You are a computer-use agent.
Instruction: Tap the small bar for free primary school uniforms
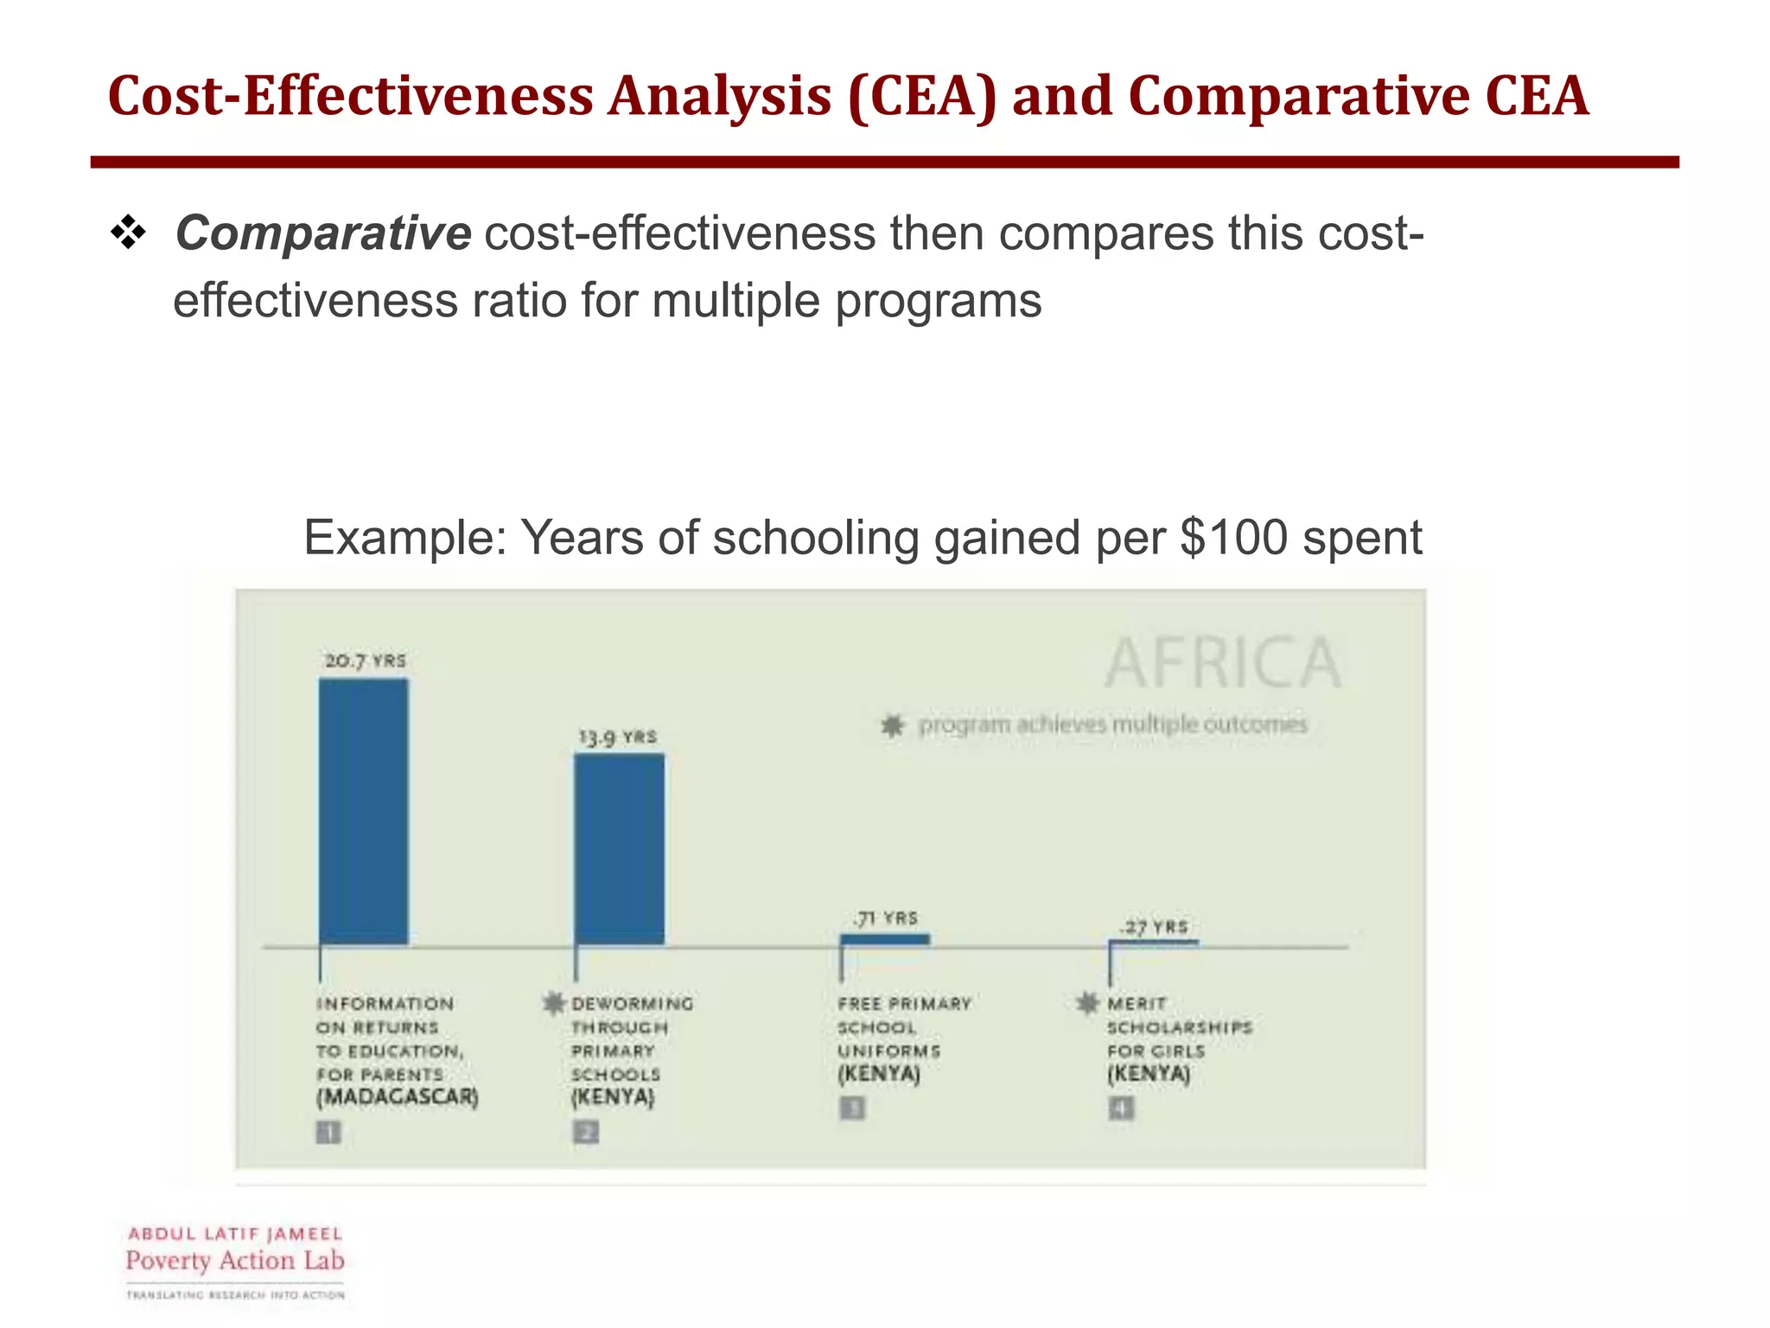[885, 939]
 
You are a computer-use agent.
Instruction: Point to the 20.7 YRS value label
[365, 661]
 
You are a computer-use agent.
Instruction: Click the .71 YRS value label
[885, 917]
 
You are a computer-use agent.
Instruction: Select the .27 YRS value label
[1154, 927]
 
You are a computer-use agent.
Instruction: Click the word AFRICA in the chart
[1222, 663]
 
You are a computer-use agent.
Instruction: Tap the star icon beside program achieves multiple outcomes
[892, 725]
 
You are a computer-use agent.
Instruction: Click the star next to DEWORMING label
[553, 1003]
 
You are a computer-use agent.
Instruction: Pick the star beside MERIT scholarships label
[1087, 1003]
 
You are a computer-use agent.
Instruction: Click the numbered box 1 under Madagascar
[328, 1132]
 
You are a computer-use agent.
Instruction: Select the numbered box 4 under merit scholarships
[1121, 1108]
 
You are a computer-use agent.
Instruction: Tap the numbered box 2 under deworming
[586, 1132]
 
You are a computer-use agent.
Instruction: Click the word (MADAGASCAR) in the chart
[397, 1097]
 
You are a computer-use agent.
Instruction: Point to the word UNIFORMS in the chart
[888, 1050]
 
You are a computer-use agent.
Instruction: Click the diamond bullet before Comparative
[128, 233]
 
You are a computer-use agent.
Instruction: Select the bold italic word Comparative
[322, 233]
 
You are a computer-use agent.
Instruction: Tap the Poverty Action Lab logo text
[235, 1261]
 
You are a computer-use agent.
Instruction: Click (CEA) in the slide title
[922, 96]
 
